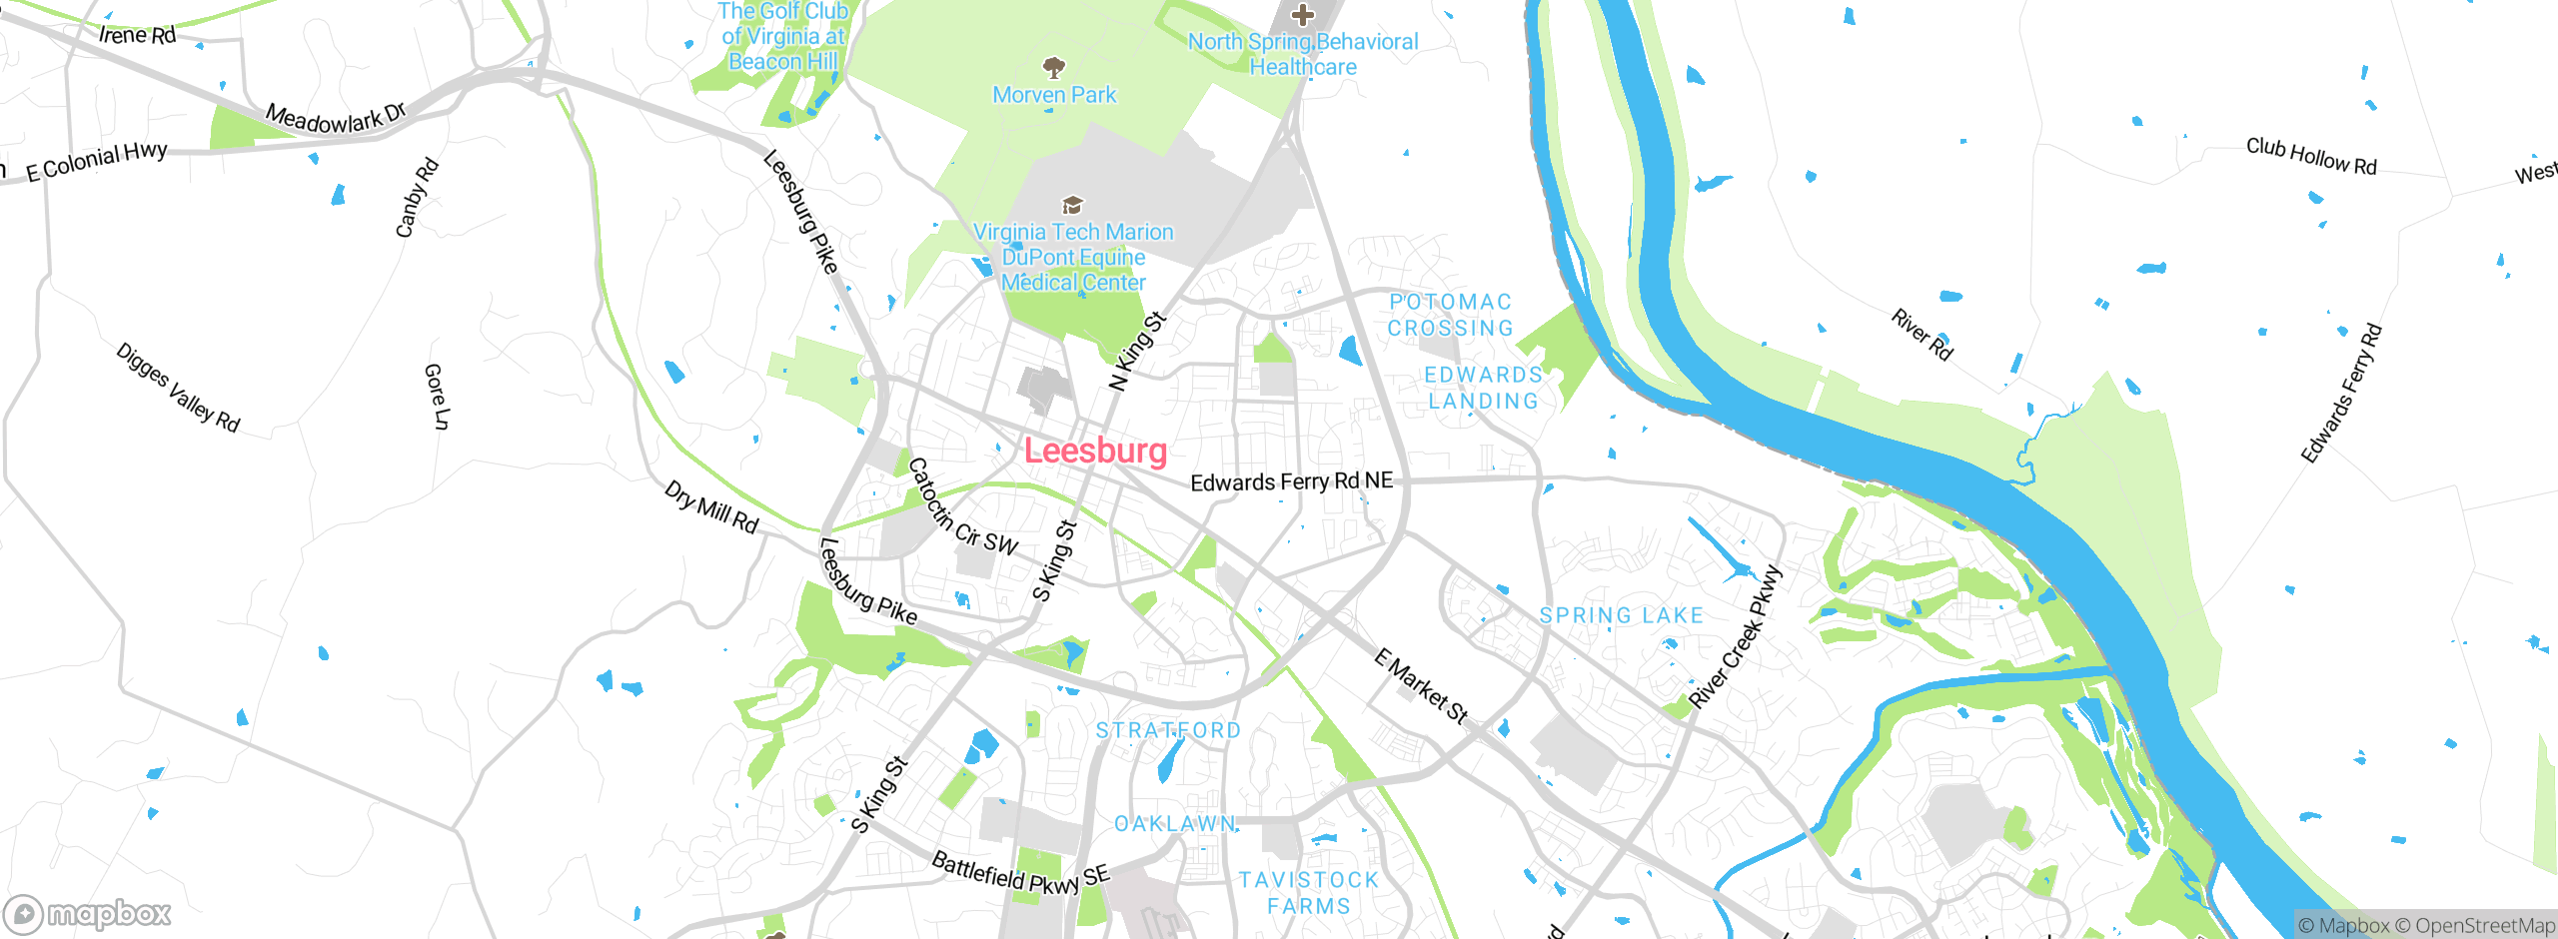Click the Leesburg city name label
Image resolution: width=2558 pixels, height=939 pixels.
coord(1095,451)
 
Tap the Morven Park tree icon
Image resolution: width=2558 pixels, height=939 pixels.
coord(1053,68)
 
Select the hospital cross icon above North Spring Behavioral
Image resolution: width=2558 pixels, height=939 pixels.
coord(1302,15)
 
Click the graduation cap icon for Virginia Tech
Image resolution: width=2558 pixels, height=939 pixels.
coord(1072,205)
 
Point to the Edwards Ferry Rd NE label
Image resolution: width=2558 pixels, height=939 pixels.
coord(1291,482)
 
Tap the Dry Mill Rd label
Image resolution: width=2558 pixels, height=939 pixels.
coord(711,507)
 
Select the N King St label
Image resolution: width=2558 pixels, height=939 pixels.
coord(1138,352)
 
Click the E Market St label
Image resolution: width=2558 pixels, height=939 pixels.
coord(1421,686)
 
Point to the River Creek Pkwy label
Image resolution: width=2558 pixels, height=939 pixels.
coord(1736,637)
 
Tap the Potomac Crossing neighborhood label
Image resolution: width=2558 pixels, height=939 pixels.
coord(1450,315)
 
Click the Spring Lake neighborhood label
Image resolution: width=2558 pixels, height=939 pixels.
coord(1621,615)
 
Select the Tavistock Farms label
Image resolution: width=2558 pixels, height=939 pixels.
coord(1308,893)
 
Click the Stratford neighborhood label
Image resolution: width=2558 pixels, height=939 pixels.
coord(1168,730)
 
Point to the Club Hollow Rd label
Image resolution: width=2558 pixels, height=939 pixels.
coord(2311,157)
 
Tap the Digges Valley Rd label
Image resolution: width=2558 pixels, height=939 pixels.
coord(178,388)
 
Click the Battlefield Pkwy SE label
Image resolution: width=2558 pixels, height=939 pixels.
coord(1020,874)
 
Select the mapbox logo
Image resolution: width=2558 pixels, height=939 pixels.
coord(88,914)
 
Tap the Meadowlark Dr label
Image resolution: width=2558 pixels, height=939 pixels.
coord(336,118)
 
